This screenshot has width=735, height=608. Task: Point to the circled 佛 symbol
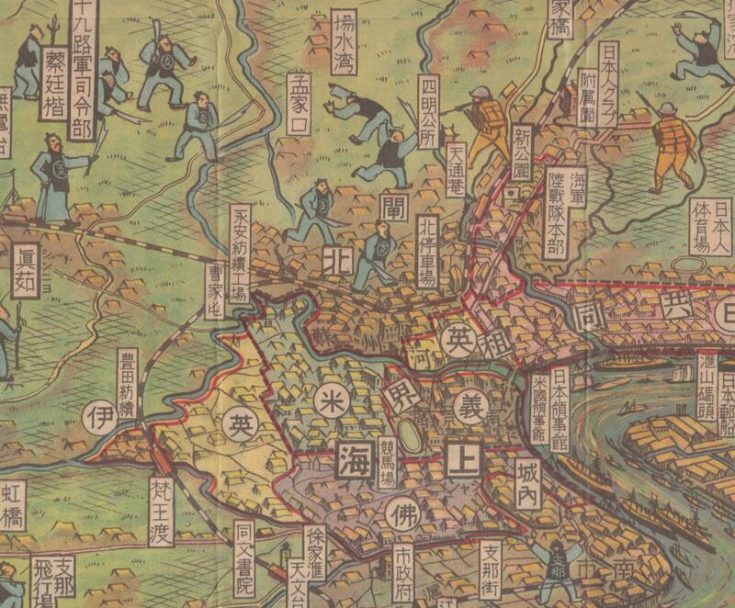[401, 511]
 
